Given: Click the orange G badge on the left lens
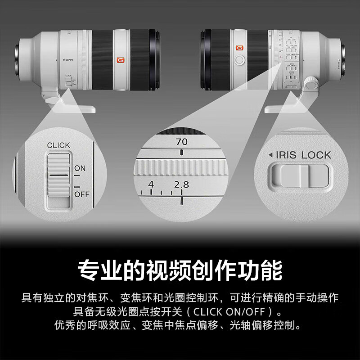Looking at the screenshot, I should click(x=120, y=60).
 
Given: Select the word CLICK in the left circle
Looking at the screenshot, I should click(x=58, y=145).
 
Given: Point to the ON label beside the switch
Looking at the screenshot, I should click(x=80, y=168).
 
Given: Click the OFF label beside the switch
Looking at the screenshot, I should click(x=81, y=194).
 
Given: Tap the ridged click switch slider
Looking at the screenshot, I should click(x=58, y=180).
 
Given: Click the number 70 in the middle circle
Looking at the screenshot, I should click(x=182, y=142).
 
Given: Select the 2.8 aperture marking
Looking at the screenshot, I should click(x=182, y=184).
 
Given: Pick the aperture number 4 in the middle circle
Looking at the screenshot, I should click(x=151, y=184).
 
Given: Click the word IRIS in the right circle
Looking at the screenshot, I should click(x=287, y=155).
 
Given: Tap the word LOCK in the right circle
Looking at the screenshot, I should click(x=316, y=155).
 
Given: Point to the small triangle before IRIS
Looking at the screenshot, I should click(x=270, y=155).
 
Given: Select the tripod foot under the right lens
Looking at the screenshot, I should click(x=288, y=106).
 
